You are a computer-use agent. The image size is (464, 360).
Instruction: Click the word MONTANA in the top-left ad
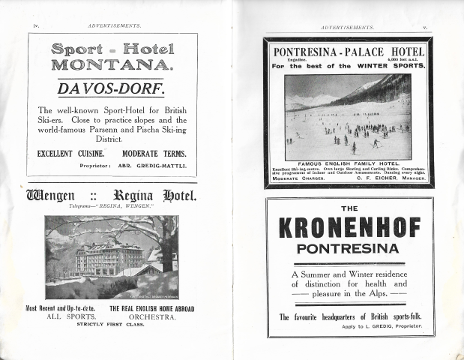[x=112, y=64]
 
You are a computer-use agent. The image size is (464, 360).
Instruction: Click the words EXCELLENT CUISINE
[x=70, y=153]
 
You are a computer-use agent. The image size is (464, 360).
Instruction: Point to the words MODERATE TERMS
[x=154, y=153]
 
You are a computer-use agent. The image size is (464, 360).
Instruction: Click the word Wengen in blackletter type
[x=55, y=196]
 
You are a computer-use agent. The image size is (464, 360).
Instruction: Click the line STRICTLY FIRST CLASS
[x=112, y=326]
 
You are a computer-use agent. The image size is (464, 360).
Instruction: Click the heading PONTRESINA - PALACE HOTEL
[x=349, y=52]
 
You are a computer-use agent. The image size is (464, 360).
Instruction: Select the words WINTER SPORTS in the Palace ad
[x=390, y=65]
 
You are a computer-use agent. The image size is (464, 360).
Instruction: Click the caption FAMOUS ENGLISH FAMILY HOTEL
[x=349, y=163]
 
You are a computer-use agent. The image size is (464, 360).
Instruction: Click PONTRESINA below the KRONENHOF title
[x=349, y=248]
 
